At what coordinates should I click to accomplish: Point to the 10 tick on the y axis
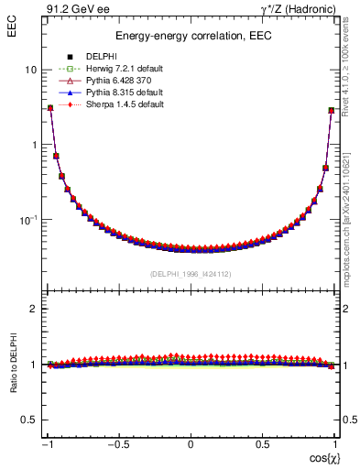31,71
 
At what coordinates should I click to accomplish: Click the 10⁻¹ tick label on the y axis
27,220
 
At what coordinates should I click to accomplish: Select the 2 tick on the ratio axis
32,310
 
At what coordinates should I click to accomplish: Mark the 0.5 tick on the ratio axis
27,420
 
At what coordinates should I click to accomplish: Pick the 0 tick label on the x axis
191,445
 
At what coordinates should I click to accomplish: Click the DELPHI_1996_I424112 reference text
191,274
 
